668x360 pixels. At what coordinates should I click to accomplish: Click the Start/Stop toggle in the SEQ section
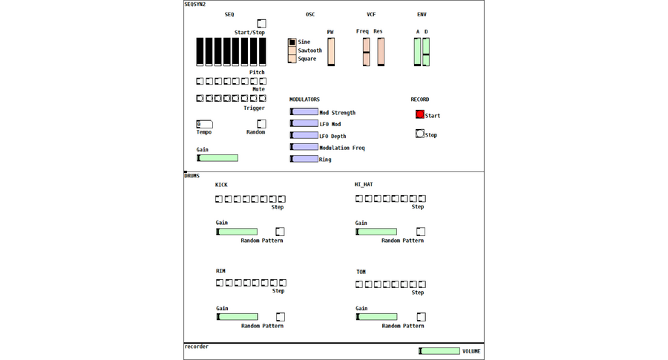261,24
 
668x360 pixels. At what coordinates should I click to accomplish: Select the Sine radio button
292,42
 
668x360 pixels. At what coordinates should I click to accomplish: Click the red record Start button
419,114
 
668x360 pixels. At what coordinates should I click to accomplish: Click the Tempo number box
205,125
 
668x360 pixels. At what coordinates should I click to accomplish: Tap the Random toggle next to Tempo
261,124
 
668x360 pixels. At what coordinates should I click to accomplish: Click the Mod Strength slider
304,111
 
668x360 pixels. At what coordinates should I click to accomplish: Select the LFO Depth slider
304,135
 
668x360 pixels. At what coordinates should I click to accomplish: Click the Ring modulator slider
304,159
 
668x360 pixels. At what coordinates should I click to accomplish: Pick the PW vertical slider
331,52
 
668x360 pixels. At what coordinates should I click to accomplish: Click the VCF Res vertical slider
381,52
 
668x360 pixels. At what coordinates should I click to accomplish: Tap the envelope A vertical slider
417,52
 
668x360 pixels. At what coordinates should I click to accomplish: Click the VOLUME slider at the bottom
439,351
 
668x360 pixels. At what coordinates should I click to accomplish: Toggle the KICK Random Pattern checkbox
280,232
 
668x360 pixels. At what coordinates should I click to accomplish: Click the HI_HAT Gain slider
376,232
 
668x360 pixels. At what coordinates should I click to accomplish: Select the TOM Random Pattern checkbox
421,316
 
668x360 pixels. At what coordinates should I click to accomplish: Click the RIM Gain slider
237,316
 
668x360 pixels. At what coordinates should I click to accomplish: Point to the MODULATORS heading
304,99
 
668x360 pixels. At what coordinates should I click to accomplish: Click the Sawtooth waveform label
310,50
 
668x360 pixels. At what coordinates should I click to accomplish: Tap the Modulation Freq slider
304,147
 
